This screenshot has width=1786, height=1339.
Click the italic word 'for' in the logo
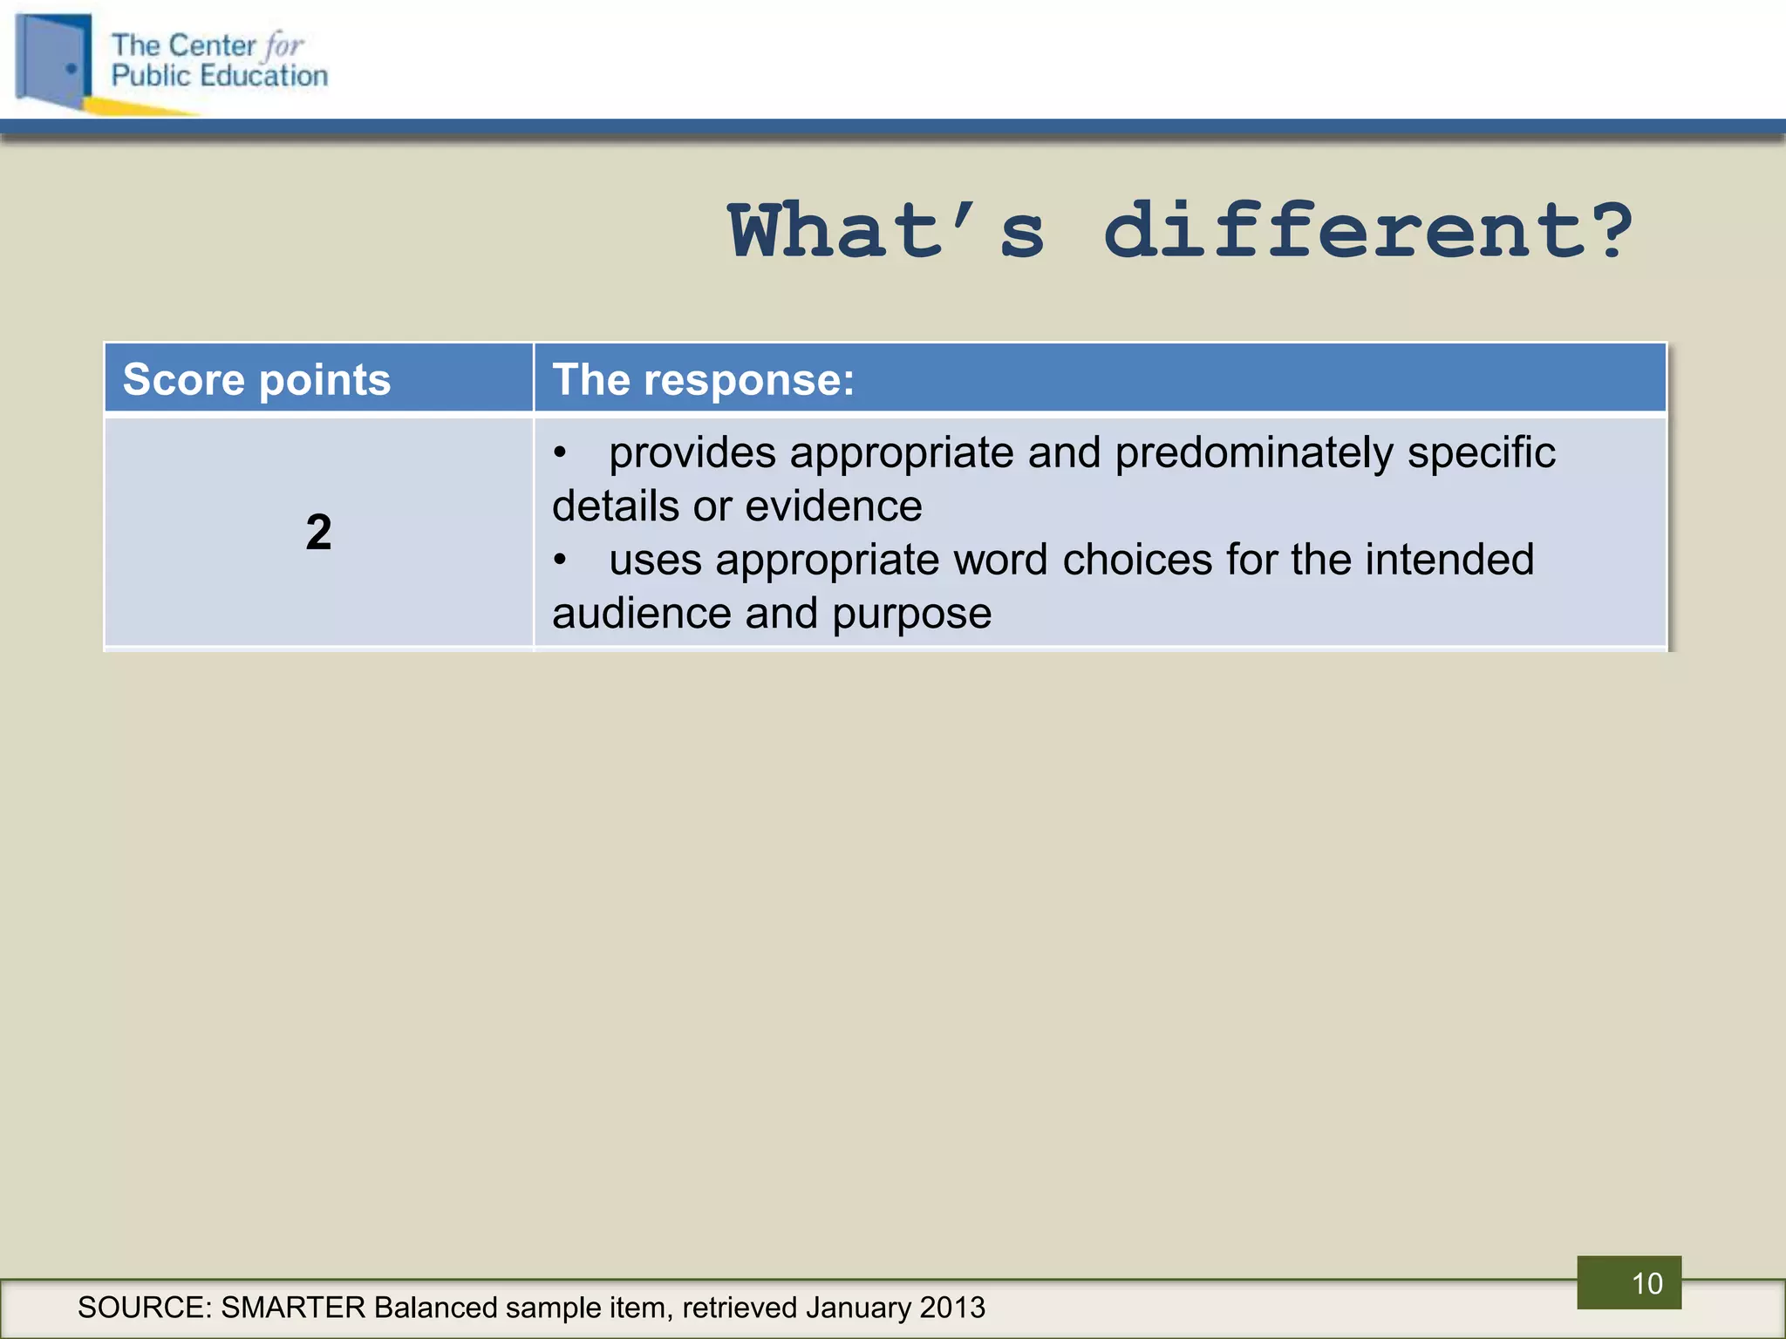[284, 45]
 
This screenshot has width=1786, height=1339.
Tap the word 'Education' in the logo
[263, 76]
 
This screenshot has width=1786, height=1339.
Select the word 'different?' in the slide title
[1367, 231]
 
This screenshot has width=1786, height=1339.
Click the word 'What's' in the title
[886, 231]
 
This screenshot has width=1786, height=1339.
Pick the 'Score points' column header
[256, 379]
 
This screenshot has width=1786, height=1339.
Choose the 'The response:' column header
[703, 379]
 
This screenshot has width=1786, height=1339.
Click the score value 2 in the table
[318, 532]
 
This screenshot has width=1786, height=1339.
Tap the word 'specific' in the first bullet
[1481, 453]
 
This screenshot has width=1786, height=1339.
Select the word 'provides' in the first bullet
[692, 453]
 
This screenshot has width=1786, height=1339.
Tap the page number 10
[1646, 1283]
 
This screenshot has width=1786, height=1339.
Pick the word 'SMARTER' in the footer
[293, 1308]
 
